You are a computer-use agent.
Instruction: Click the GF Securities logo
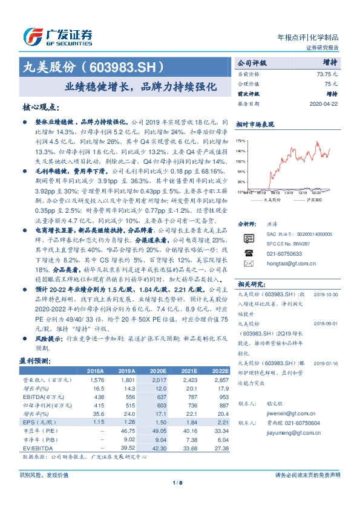[x=57, y=36]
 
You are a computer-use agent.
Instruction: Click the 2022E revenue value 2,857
[x=221, y=380]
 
